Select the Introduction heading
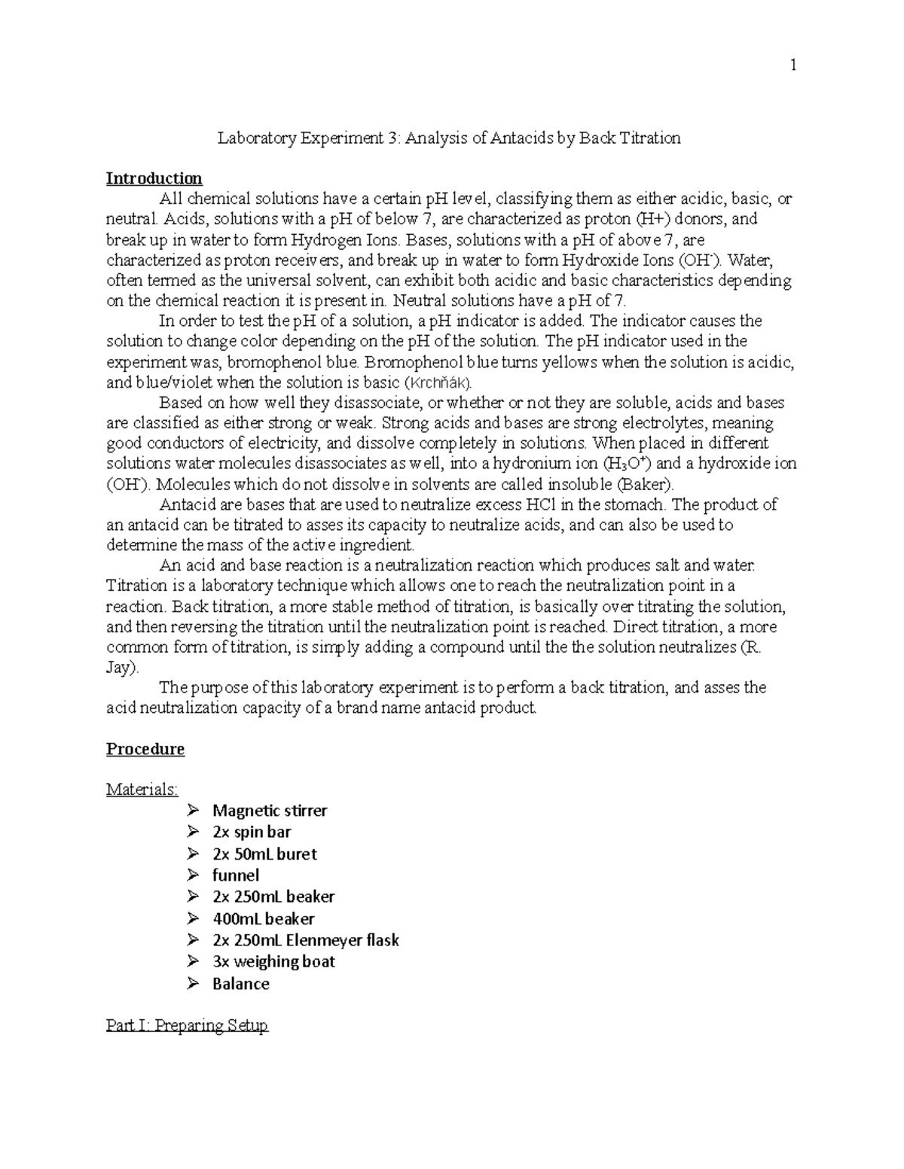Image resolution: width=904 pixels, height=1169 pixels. pyautogui.click(x=154, y=178)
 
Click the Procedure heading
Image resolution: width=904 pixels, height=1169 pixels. pyautogui.click(x=145, y=749)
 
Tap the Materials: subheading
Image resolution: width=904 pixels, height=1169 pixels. pyautogui.click(x=142, y=790)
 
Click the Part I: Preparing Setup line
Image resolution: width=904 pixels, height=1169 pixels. pyautogui.click(x=187, y=1025)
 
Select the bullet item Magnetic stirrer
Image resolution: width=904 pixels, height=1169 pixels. pyautogui.click(x=270, y=811)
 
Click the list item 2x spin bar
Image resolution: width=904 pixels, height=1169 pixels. pyautogui.click(x=252, y=832)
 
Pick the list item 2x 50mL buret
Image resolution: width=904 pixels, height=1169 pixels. pyautogui.click(x=264, y=854)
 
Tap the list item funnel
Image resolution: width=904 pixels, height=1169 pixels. pyautogui.click(x=236, y=875)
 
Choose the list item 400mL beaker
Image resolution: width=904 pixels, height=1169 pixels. pyautogui.click(x=263, y=918)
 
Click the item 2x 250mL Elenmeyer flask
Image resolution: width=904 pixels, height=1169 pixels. pyautogui.click(x=305, y=940)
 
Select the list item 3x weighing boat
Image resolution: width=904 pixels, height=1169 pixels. pyautogui.click(x=273, y=961)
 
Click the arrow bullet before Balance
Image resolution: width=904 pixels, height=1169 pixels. pyautogui.click(x=194, y=983)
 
